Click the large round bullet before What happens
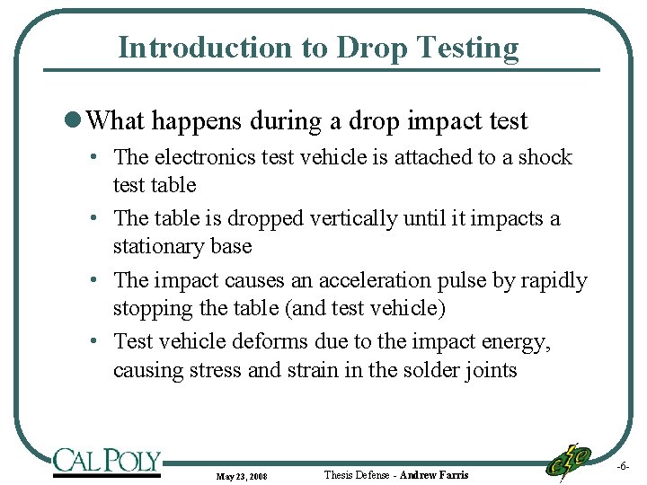[78, 120]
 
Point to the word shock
[545, 157]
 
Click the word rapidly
[554, 280]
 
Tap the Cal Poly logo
[106, 462]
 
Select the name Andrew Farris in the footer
[434, 474]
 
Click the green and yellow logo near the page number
[570, 460]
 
